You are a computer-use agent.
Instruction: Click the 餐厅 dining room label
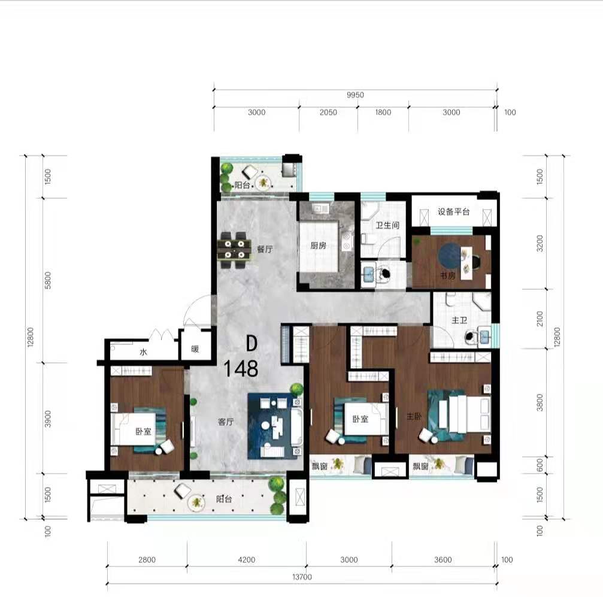(x=265, y=249)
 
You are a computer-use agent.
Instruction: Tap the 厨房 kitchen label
(x=318, y=246)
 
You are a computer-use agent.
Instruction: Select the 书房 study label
(x=448, y=276)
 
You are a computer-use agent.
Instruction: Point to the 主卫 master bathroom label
(x=459, y=320)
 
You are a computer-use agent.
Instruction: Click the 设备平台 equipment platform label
(x=454, y=211)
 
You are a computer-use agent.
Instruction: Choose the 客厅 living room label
(x=226, y=422)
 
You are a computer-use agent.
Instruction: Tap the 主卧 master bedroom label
(x=414, y=416)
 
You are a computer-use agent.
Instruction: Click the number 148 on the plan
(x=241, y=368)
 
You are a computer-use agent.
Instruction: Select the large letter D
(x=251, y=343)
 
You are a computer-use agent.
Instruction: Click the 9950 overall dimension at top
(x=355, y=95)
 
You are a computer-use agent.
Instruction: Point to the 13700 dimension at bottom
(x=302, y=577)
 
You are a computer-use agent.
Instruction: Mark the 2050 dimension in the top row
(x=328, y=113)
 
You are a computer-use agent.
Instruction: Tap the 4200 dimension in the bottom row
(x=246, y=560)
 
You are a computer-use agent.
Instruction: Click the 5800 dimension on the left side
(x=48, y=280)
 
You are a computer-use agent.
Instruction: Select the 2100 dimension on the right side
(x=540, y=319)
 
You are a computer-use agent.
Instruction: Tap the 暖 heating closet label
(x=195, y=349)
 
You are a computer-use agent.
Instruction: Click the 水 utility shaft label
(x=144, y=351)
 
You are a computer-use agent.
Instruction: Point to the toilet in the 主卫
(x=470, y=337)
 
